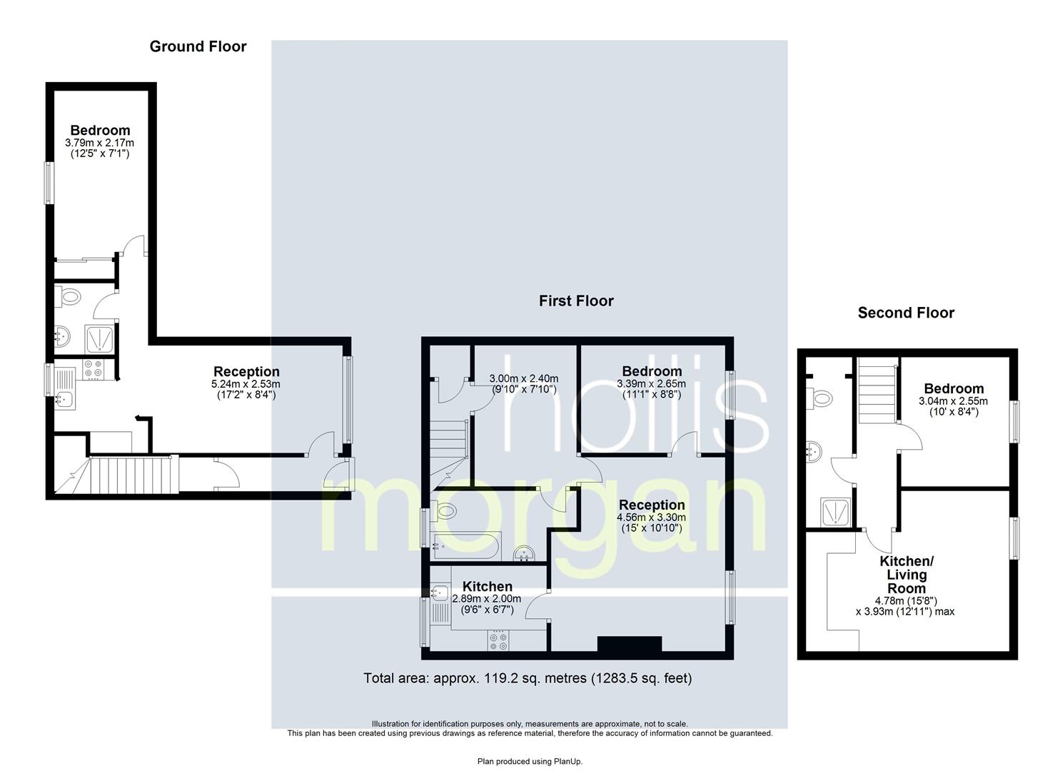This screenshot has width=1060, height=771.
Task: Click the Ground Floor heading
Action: coord(198,46)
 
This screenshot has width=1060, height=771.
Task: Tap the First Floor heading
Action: coord(576,301)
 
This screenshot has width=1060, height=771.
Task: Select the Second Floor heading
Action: coord(906,313)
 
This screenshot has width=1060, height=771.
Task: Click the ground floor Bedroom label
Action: coord(100,130)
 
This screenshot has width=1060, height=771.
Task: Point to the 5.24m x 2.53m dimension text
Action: coord(246,384)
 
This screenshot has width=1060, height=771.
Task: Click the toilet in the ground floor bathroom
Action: coord(68,297)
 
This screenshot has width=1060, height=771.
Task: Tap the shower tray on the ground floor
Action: coord(99,339)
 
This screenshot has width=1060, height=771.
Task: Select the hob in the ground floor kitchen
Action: coord(92,370)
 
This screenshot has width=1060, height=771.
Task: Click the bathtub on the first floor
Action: coord(465,545)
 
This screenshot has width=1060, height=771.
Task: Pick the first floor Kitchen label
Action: coord(487,586)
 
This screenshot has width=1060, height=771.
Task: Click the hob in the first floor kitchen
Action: coord(498,640)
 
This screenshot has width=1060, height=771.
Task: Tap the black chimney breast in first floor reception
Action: coord(630,644)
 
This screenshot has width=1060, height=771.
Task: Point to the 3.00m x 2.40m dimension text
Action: coord(523,378)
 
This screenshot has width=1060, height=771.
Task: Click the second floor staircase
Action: coord(877,391)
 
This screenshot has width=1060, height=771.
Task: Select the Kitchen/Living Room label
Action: coord(907,575)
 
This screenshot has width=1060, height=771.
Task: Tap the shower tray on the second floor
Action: coord(837,512)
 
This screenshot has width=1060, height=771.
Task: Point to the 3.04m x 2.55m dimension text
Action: coord(953,401)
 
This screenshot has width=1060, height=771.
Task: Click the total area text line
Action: coord(528,678)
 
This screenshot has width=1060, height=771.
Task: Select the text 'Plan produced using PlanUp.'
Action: coord(530,762)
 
